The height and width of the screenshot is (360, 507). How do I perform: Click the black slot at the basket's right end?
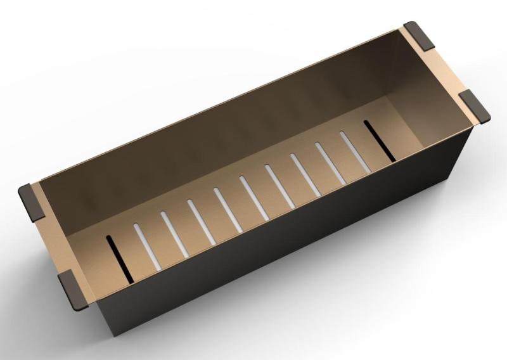tap(380, 140)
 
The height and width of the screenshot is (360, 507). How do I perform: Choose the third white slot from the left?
tap(200, 219)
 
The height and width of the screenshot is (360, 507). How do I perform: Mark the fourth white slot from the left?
tap(226, 207)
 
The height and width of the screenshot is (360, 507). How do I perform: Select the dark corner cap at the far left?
tap(30, 200)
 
